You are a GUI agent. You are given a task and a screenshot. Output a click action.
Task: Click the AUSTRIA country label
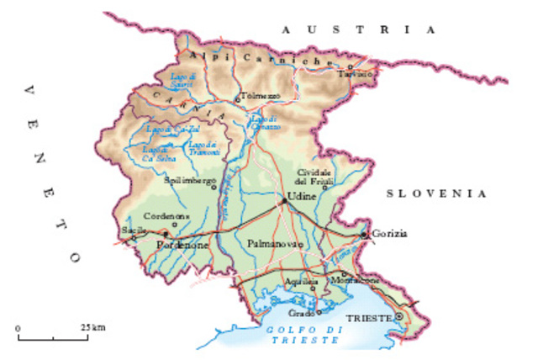pyautogui.click(x=359, y=29)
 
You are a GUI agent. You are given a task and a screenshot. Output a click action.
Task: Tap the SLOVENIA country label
pyautogui.click(x=436, y=193)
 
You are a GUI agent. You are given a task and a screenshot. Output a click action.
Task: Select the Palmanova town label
pyautogui.click(x=275, y=244)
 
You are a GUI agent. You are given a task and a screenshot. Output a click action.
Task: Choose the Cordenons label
pyautogui.click(x=167, y=215)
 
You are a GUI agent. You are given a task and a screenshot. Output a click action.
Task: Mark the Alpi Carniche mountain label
pyautogui.click(x=254, y=58)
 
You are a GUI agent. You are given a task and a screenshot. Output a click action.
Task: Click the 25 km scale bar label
pyautogui.click(x=93, y=326)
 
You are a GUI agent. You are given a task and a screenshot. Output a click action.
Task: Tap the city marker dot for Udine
pyautogui.click(x=284, y=201)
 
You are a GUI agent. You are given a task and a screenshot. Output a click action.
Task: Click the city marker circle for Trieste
pyautogui.click(x=399, y=316)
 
